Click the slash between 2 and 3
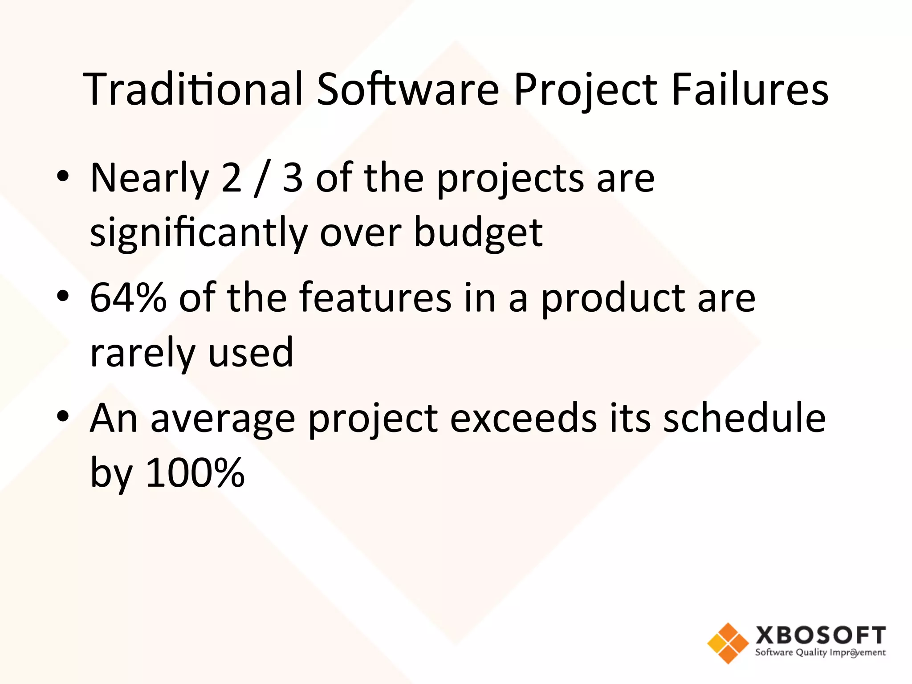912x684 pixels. click(262, 179)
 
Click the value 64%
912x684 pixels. click(128, 297)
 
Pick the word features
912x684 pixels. click(375, 297)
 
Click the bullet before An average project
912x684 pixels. click(63, 416)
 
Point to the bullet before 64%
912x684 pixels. click(63, 296)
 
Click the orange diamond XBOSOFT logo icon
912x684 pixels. click(728, 643)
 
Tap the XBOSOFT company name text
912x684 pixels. click(820, 635)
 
